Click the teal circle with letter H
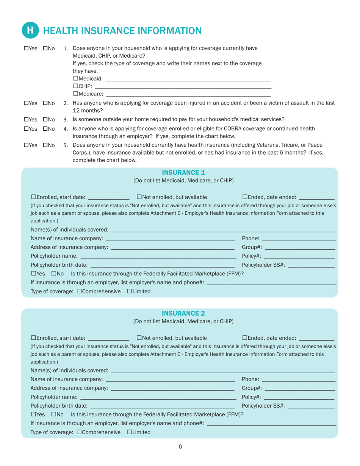tap(31, 30)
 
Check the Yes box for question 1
tap(26, 48)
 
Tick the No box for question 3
tap(45, 119)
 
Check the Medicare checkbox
tap(75, 94)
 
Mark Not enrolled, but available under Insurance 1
tap(139, 197)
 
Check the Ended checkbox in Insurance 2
tap(244, 338)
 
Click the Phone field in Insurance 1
tap(299, 239)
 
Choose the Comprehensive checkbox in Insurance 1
tap(79, 291)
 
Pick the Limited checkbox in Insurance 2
tap(129, 432)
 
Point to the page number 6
tap(180, 447)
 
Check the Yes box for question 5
tap(26, 145)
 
